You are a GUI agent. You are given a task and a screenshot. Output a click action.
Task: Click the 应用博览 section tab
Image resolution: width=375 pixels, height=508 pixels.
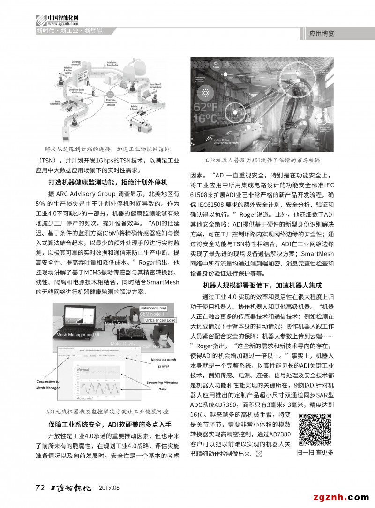pos(322,34)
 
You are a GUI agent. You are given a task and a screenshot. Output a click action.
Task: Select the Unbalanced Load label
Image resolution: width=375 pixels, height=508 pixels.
pos(159,321)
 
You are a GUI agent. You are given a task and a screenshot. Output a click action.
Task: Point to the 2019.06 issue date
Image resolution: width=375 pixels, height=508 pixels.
pos(109,488)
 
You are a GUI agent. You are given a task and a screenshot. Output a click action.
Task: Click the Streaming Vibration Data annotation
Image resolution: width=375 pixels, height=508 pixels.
pos(162,385)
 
